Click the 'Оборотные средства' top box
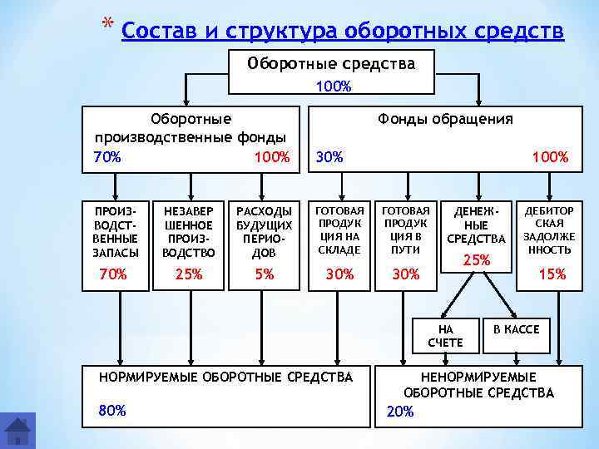[x=331, y=63]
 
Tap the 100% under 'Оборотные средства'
[x=333, y=86]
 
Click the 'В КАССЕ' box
[x=517, y=330]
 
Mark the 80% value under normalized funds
[x=112, y=410]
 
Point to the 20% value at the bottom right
[x=400, y=412]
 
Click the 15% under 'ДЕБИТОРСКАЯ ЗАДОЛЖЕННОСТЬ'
[x=552, y=274]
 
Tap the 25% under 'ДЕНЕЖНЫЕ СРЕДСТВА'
[x=476, y=260]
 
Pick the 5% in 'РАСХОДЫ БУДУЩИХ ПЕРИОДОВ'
[x=265, y=274]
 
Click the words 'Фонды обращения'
[x=445, y=119]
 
